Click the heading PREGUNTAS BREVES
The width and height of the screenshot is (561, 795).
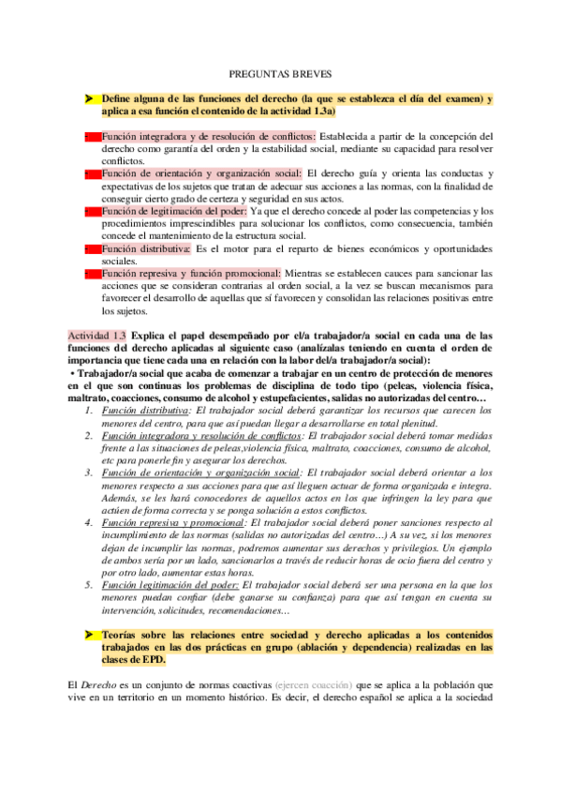click(x=280, y=72)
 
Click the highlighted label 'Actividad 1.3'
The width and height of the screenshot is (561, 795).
click(x=98, y=336)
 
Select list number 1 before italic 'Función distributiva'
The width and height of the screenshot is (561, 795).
click(x=86, y=411)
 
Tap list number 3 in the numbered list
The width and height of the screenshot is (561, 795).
click(x=86, y=473)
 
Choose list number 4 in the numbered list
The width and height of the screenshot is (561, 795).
click(x=86, y=522)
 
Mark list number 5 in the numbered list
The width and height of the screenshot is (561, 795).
click(x=86, y=584)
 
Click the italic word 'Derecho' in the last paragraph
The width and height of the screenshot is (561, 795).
click(x=103, y=684)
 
